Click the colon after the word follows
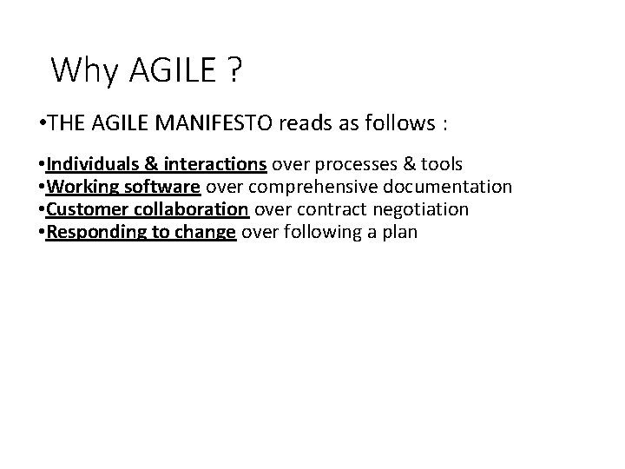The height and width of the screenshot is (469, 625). [x=445, y=125]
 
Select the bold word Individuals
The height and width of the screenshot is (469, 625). [x=88, y=165]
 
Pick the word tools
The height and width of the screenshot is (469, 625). [x=439, y=165]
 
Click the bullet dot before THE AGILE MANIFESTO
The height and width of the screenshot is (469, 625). [x=43, y=124]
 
